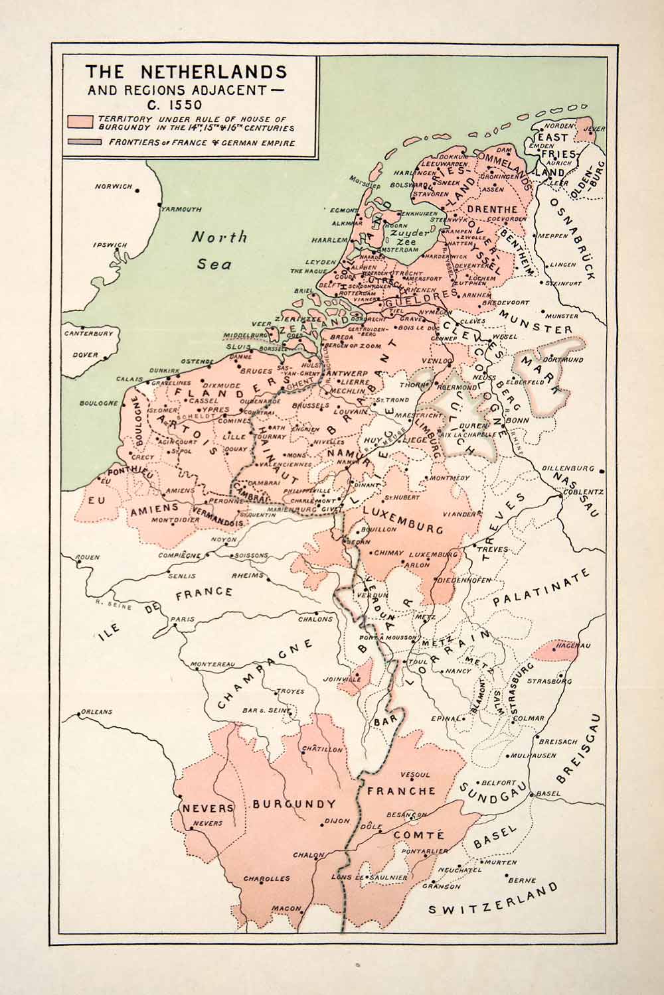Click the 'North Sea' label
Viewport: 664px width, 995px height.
(x=218, y=249)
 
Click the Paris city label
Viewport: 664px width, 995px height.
(x=183, y=620)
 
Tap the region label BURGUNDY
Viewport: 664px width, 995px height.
(x=293, y=804)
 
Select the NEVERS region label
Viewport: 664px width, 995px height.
(x=208, y=808)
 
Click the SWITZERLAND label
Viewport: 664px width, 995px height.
(x=493, y=901)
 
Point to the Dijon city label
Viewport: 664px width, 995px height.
(x=337, y=821)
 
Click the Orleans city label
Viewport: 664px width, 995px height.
(x=96, y=712)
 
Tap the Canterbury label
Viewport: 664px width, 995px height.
(x=89, y=334)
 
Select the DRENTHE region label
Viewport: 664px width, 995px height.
(x=487, y=210)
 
